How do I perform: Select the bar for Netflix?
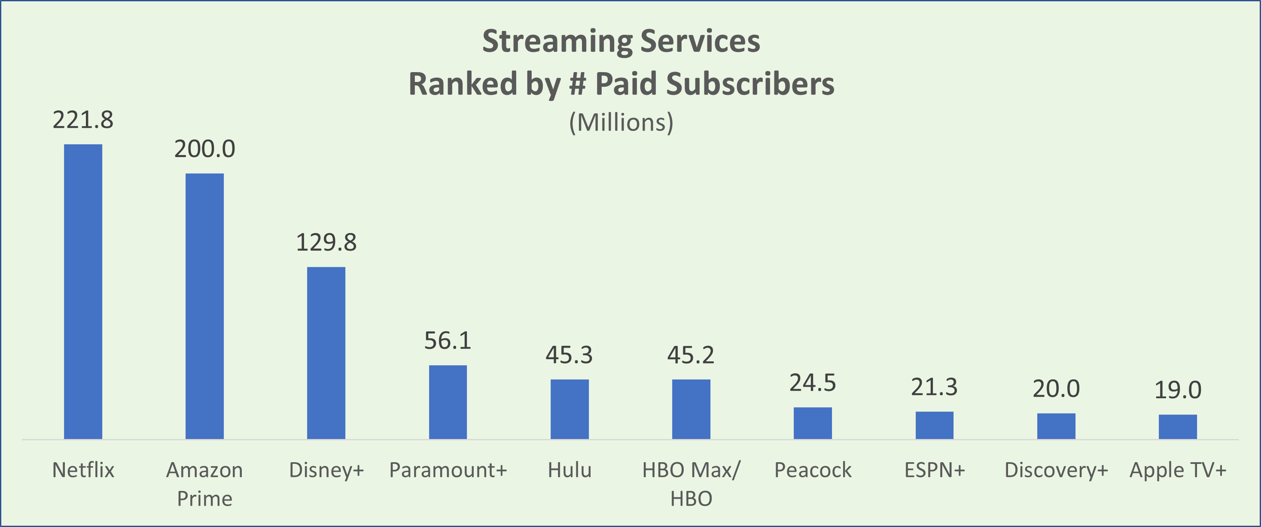click(x=83, y=292)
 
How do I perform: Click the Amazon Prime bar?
click(x=204, y=306)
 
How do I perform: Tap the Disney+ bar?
click(x=326, y=353)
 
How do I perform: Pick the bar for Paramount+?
click(x=448, y=402)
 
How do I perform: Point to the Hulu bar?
click(x=570, y=409)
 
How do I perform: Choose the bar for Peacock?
click(x=813, y=423)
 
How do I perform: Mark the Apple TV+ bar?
click(x=1178, y=427)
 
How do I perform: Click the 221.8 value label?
click(x=83, y=120)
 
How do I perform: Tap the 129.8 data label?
click(x=326, y=242)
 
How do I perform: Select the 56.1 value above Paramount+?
click(x=448, y=341)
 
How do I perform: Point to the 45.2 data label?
click(x=691, y=355)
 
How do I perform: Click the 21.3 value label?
click(x=934, y=387)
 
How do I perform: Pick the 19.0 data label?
click(x=1178, y=390)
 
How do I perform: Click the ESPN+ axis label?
click(x=935, y=470)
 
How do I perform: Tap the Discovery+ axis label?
click(x=1056, y=470)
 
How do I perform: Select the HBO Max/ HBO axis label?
click(x=691, y=484)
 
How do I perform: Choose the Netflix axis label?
click(x=83, y=470)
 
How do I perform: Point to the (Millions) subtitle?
click(x=621, y=122)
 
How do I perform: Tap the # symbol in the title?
click(x=578, y=84)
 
